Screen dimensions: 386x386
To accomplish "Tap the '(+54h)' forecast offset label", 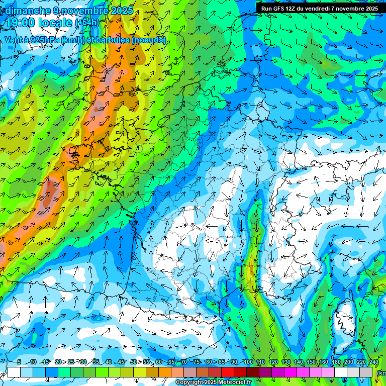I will pyautogui.click(x=86, y=23).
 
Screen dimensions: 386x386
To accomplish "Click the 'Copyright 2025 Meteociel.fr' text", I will pyautogui.click(x=221, y=382).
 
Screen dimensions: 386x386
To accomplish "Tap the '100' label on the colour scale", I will pyautogui.click(x=248, y=362).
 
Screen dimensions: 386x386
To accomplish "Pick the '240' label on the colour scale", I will pyautogui.click(x=373, y=362).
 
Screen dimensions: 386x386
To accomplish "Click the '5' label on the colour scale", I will pyautogui.click(x=19, y=362).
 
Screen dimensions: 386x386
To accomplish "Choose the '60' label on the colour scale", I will pyautogui.click(x=159, y=362).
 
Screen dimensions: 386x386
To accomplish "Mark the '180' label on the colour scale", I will pyautogui.click(x=336, y=362).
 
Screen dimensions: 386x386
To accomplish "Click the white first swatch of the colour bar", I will pyautogui.click(x=14, y=372).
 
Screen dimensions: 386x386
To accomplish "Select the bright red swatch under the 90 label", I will pyautogui.click(x=228, y=372).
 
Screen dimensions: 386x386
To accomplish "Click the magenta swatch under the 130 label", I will pyautogui.click(x=278, y=372).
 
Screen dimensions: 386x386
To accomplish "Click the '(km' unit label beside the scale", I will pyautogui.click(x=381, y=373).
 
